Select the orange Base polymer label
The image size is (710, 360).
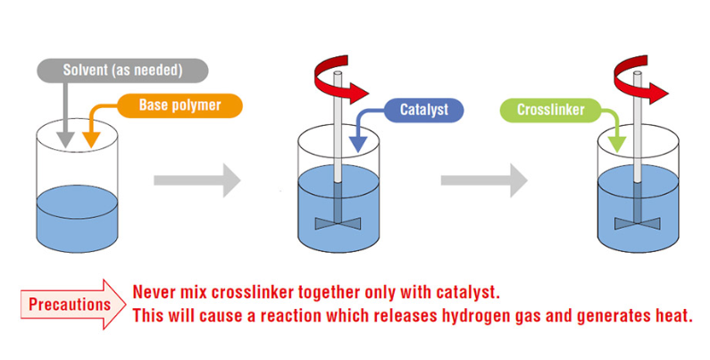[180, 105]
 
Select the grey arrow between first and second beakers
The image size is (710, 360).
[196, 180]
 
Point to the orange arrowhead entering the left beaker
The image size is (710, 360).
[89, 141]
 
